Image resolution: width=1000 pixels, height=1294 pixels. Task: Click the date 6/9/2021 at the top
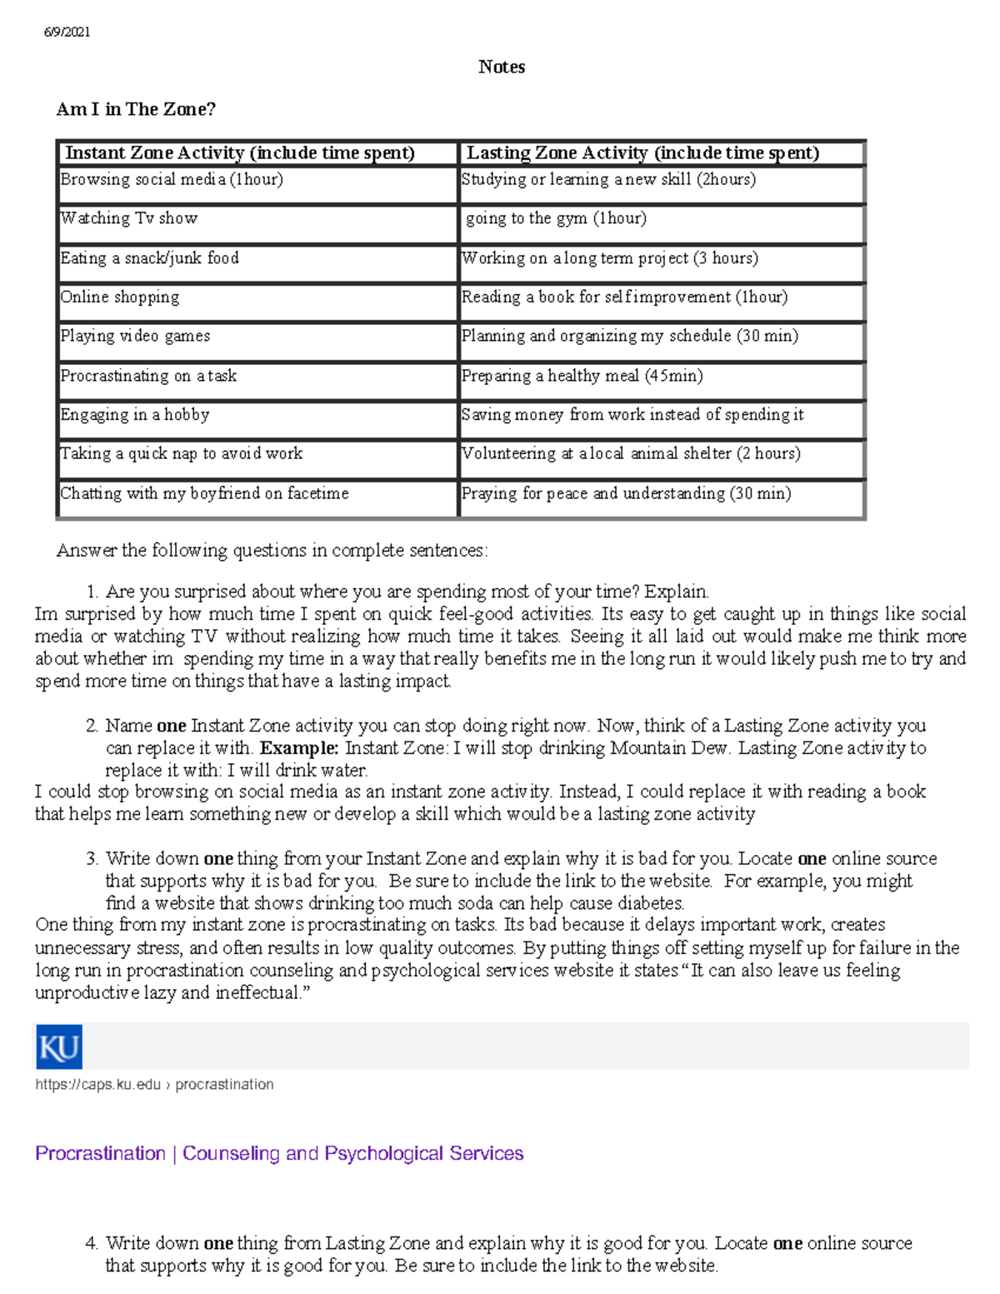(67, 32)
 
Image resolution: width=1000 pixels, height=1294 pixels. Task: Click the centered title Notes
(502, 67)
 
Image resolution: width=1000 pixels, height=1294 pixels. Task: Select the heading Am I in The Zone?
(136, 109)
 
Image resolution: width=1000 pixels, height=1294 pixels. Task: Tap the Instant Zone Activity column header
(240, 153)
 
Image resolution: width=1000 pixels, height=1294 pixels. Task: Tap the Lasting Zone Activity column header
(642, 153)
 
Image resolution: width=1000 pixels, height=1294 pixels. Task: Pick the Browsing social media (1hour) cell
(172, 180)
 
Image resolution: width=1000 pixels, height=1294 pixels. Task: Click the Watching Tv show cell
(129, 219)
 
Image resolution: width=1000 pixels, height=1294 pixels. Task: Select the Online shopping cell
(120, 297)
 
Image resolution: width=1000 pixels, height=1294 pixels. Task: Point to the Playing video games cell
(135, 337)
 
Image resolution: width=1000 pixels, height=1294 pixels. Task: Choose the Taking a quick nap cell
(181, 454)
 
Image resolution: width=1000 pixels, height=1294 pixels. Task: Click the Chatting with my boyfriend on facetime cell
(204, 493)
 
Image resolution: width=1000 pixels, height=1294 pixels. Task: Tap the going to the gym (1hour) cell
(556, 219)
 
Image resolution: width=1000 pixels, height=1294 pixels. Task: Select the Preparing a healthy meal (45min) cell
(582, 376)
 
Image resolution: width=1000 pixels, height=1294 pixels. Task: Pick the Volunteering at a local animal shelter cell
(631, 454)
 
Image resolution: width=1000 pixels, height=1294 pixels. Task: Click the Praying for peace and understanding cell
(626, 493)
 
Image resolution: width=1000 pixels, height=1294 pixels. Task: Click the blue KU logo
(59, 1047)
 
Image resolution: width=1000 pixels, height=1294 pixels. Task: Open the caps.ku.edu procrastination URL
(154, 1085)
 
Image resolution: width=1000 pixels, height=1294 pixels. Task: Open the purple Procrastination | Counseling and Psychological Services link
(279, 1154)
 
